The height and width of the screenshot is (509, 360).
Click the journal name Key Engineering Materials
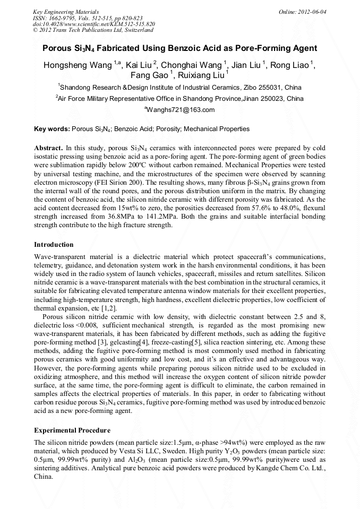coord(66,11)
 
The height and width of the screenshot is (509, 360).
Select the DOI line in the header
coord(94,24)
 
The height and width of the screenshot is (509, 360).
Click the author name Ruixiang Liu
coord(200,76)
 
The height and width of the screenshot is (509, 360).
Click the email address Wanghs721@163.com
coord(180,110)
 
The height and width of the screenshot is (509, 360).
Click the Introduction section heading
coord(54,245)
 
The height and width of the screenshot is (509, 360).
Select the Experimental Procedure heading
coord(72,429)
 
